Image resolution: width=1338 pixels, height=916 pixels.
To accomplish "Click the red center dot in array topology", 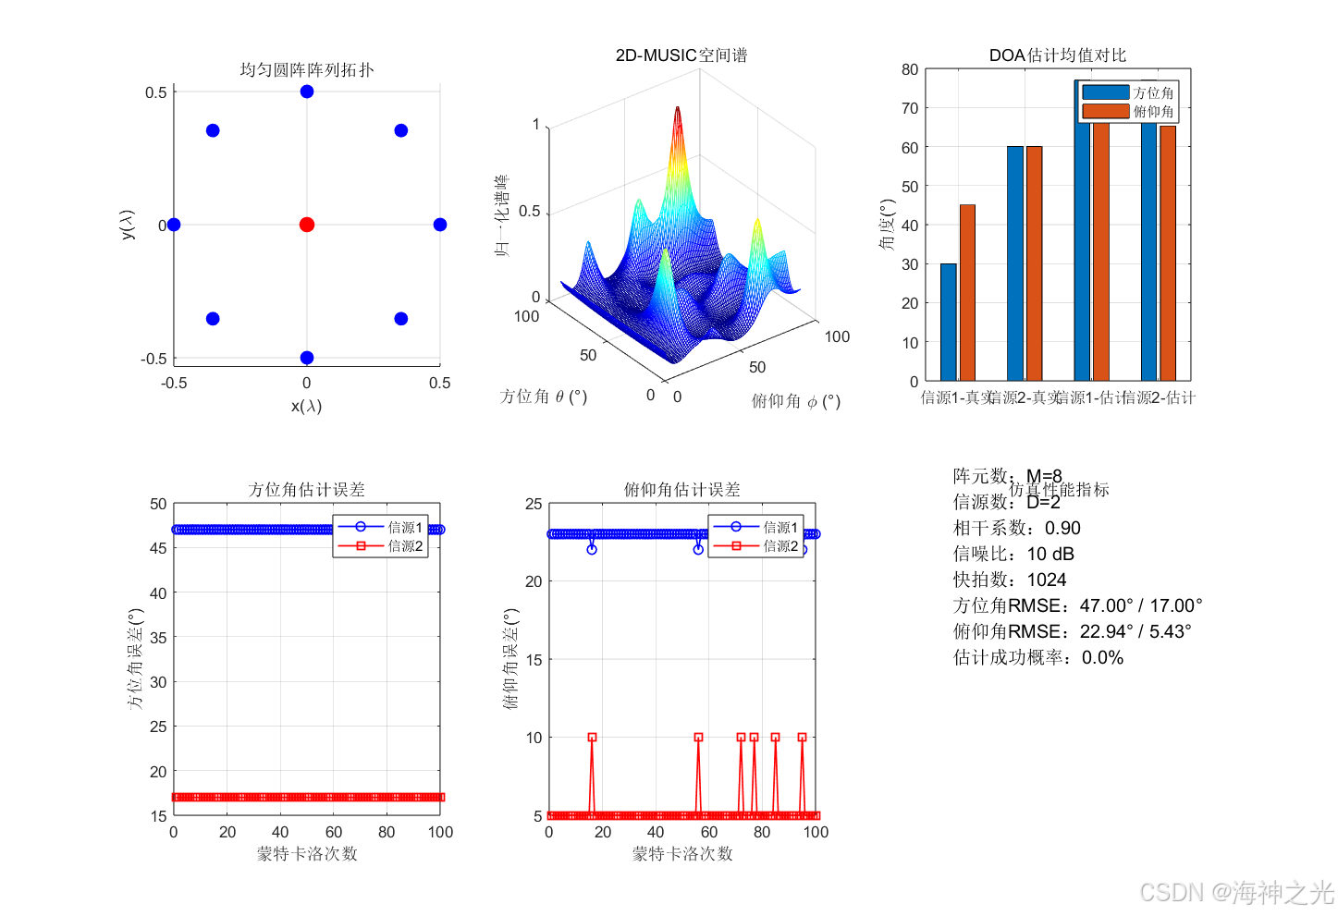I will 307,225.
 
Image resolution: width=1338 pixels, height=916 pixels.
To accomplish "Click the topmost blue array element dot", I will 307,92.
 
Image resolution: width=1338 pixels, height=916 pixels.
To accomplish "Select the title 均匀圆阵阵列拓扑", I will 307,69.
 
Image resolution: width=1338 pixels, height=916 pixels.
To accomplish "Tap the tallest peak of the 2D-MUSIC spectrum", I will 677,110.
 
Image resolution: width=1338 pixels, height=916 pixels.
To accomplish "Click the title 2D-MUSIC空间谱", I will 681,55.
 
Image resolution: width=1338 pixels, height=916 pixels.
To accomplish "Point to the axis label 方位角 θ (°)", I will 544,397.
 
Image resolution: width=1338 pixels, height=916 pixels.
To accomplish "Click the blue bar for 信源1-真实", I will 948,322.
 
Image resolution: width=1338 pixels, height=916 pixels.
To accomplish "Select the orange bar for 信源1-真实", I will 967,292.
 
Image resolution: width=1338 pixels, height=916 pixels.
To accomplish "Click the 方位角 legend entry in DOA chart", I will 1128,92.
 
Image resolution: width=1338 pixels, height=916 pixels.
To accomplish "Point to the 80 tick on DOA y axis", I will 910,69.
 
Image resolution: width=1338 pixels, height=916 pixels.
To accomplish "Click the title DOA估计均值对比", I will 1058,55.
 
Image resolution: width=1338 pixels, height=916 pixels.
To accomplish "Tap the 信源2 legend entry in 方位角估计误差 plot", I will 381,546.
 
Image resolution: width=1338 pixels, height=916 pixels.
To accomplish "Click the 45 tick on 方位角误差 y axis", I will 158,548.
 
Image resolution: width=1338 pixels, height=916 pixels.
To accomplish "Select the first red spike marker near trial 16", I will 592,738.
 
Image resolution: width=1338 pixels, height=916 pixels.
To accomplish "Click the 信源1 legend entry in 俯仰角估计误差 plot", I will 755,527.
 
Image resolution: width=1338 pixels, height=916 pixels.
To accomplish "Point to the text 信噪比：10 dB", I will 1013,554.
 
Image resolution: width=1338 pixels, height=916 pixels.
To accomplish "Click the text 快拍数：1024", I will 1010,580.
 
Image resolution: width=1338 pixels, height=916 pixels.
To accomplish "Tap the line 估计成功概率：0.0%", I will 1038,657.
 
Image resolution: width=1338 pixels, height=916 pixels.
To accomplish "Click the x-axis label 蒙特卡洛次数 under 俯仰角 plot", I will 682,854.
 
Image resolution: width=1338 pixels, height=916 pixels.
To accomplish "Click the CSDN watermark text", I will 1236,892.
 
